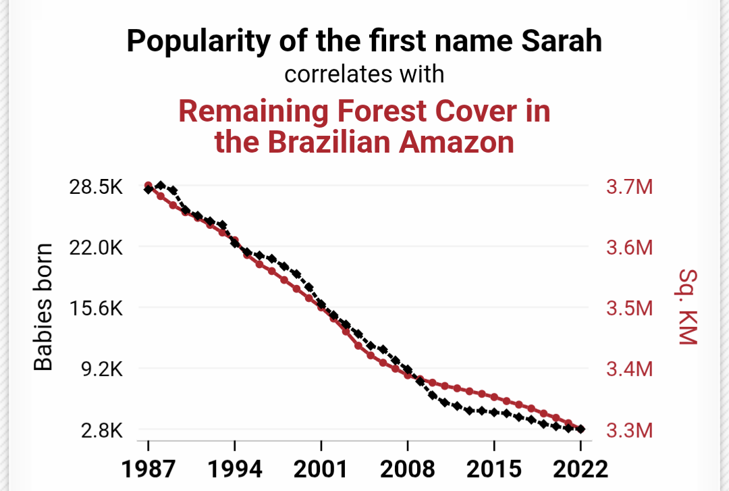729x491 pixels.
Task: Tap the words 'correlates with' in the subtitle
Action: click(x=364, y=74)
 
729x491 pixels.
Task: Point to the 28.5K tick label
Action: click(x=96, y=187)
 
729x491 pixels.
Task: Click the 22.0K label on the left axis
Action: click(x=96, y=248)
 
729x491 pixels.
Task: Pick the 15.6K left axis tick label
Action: click(x=96, y=309)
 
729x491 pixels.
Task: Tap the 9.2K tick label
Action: click(x=101, y=369)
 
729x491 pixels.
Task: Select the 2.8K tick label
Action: click(x=101, y=430)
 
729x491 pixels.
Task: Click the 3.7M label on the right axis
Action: click(x=629, y=187)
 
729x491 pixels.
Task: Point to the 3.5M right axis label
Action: click(x=629, y=309)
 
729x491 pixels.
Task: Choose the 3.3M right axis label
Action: click(x=629, y=430)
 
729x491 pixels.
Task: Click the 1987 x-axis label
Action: click(x=148, y=468)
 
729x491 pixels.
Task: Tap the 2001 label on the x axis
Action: click(x=321, y=468)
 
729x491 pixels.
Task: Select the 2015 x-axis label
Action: click(x=494, y=468)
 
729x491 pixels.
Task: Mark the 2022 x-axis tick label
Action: click(x=580, y=468)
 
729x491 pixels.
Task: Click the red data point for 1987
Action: click(x=148, y=186)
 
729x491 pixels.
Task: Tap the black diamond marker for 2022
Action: click(x=580, y=429)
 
